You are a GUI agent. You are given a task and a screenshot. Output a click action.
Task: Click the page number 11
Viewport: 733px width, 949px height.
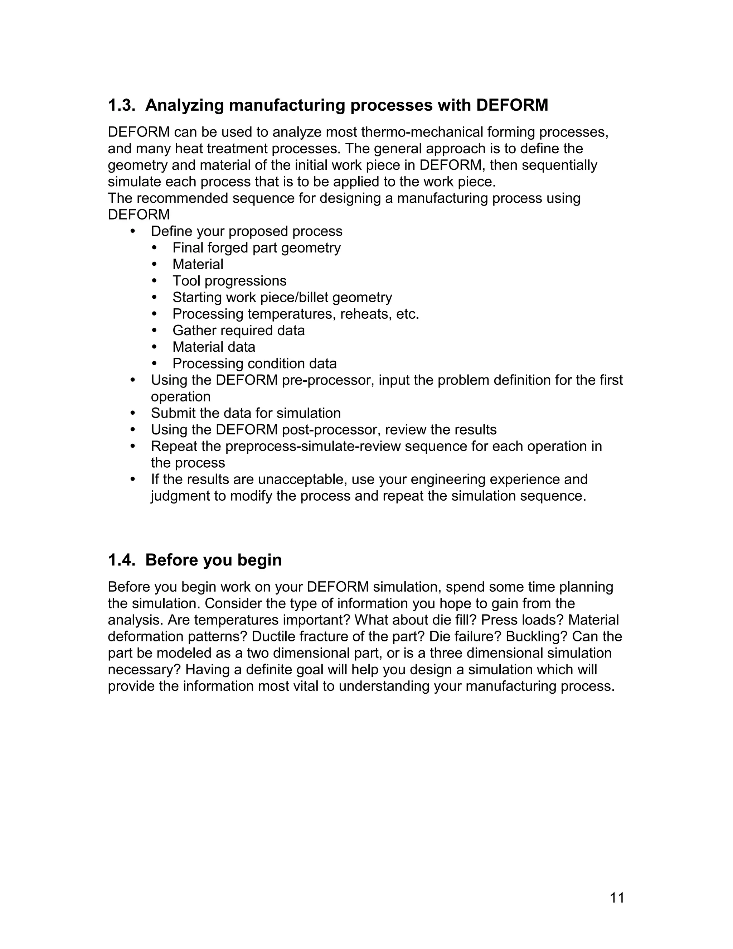[x=617, y=897]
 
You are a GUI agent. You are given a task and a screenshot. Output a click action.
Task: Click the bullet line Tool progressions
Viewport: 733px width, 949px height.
[x=229, y=281]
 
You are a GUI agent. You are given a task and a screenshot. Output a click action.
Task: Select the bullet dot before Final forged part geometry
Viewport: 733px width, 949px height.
[x=155, y=248]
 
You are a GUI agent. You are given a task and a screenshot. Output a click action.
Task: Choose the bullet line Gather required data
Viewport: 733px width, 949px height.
[x=238, y=331]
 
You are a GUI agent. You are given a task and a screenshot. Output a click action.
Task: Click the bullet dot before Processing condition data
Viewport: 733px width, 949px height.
[x=155, y=364]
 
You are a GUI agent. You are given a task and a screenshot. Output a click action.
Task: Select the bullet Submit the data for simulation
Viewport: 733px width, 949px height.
[x=246, y=413]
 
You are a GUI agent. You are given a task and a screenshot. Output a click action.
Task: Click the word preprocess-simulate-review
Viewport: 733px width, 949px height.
[x=313, y=446]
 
